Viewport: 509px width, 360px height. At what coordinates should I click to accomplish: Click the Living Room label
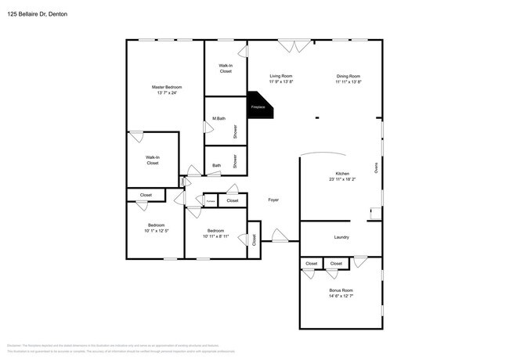(x=281, y=76)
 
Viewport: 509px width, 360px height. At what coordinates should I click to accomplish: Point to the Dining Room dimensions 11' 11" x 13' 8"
(x=348, y=81)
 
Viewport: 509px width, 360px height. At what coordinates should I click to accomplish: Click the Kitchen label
(x=343, y=174)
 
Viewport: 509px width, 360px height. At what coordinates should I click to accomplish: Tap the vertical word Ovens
(x=375, y=167)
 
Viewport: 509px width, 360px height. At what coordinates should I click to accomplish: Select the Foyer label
(x=273, y=200)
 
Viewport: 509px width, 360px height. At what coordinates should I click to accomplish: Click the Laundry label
(x=341, y=237)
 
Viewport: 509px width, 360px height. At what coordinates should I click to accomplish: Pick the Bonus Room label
(x=341, y=290)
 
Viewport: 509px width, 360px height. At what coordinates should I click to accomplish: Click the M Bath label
(x=219, y=119)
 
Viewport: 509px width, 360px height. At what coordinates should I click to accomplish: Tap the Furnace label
(x=211, y=201)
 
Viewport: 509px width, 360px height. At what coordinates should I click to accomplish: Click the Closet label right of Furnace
(x=233, y=201)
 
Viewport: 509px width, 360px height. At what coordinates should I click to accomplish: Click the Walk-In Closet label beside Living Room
(x=226, y=68)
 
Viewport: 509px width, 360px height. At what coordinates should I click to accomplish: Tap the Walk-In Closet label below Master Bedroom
(x=153, y=160)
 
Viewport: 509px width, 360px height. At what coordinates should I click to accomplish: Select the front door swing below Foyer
(x=280, y=235)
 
